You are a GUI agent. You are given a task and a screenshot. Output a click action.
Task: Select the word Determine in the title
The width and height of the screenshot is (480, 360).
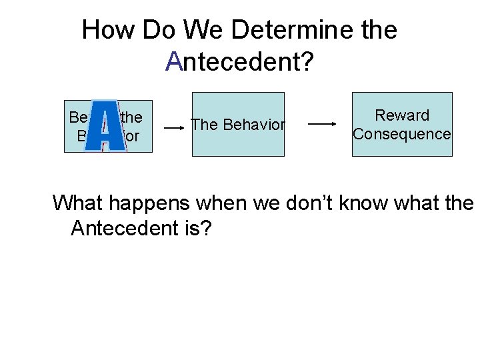297,30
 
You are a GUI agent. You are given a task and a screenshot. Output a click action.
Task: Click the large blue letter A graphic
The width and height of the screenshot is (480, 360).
107,127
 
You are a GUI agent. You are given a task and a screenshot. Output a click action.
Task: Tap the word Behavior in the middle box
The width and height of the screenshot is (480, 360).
253,125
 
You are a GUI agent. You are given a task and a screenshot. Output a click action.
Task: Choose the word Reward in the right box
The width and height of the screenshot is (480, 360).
402,115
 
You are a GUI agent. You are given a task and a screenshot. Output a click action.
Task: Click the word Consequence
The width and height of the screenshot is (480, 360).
402,134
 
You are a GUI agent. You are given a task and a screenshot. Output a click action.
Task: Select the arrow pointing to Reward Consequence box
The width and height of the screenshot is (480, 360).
323,123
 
